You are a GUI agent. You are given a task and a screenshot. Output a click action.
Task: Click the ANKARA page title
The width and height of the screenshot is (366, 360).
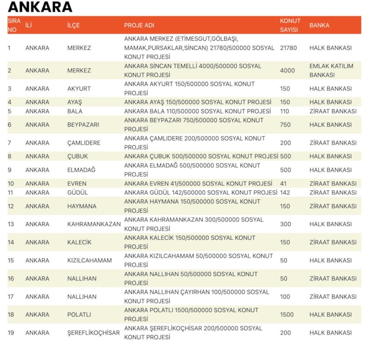40,7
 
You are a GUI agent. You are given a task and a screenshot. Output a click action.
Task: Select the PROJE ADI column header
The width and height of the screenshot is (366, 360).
139,25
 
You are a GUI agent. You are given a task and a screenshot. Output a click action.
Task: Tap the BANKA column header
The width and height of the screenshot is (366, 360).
319,25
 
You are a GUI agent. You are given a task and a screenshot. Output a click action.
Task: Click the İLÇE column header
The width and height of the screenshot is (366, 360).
73,25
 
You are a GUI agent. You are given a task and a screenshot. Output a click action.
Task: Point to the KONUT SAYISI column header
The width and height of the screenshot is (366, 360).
290,25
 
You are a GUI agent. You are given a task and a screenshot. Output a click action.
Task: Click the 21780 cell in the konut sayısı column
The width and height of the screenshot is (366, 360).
288,48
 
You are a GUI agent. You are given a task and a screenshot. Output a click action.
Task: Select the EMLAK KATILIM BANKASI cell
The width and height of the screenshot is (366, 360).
331,70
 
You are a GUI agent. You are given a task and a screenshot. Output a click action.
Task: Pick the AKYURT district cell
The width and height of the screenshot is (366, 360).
79,89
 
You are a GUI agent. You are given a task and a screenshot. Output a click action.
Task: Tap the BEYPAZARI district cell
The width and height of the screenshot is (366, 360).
83,125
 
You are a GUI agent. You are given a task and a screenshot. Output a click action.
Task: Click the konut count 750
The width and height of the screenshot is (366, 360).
285,125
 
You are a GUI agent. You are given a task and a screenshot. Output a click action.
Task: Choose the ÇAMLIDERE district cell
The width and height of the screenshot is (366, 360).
84,143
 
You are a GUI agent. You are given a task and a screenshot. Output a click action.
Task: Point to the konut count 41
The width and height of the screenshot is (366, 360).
283,183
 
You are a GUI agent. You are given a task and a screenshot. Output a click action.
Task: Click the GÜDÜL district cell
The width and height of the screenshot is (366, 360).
77,193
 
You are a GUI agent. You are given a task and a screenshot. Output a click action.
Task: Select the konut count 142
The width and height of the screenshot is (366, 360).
285,193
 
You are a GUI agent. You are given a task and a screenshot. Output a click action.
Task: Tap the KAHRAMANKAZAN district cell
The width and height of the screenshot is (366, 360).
94,224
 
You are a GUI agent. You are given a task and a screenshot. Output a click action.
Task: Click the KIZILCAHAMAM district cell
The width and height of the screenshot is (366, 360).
89,260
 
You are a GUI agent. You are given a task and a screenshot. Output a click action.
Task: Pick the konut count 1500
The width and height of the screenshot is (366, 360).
287,315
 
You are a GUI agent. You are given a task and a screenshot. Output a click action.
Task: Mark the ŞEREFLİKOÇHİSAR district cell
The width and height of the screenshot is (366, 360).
93,333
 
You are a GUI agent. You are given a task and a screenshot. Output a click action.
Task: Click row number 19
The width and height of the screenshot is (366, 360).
11,333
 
